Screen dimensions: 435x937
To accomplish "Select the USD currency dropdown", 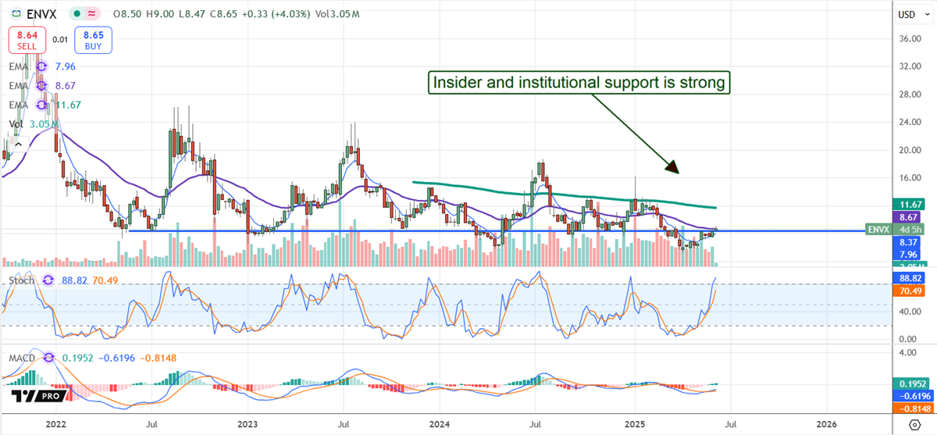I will coord(907,14).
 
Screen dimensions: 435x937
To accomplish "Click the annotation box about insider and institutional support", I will coord(579,82).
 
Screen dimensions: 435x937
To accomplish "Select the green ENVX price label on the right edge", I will coord(878,230).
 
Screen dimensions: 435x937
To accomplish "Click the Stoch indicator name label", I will coord(20,280).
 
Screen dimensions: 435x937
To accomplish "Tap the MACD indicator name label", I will coord(23,357).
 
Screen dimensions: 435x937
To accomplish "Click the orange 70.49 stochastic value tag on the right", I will coord(910,291).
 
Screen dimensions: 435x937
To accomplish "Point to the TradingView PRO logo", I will coord(34,398).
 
